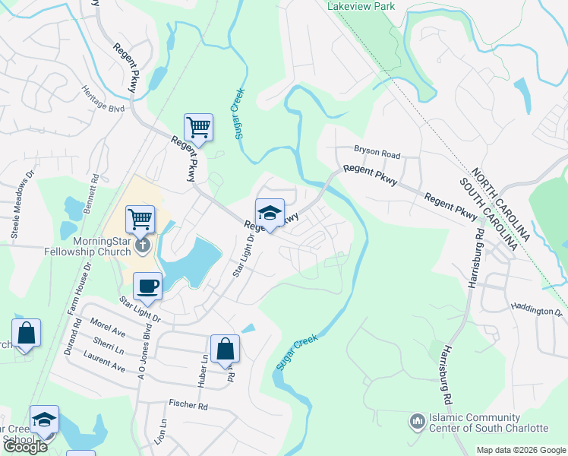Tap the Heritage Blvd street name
[x=105, y=97]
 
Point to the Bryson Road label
[x=377, y=153]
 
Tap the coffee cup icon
[x=147, y=287]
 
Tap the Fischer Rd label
[x=193, y=406]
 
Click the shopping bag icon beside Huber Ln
[x=225, y=350]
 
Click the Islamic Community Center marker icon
[x=416, y=420]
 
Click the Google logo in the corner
[x=24, y=447]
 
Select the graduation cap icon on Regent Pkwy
[x=270, y=213]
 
